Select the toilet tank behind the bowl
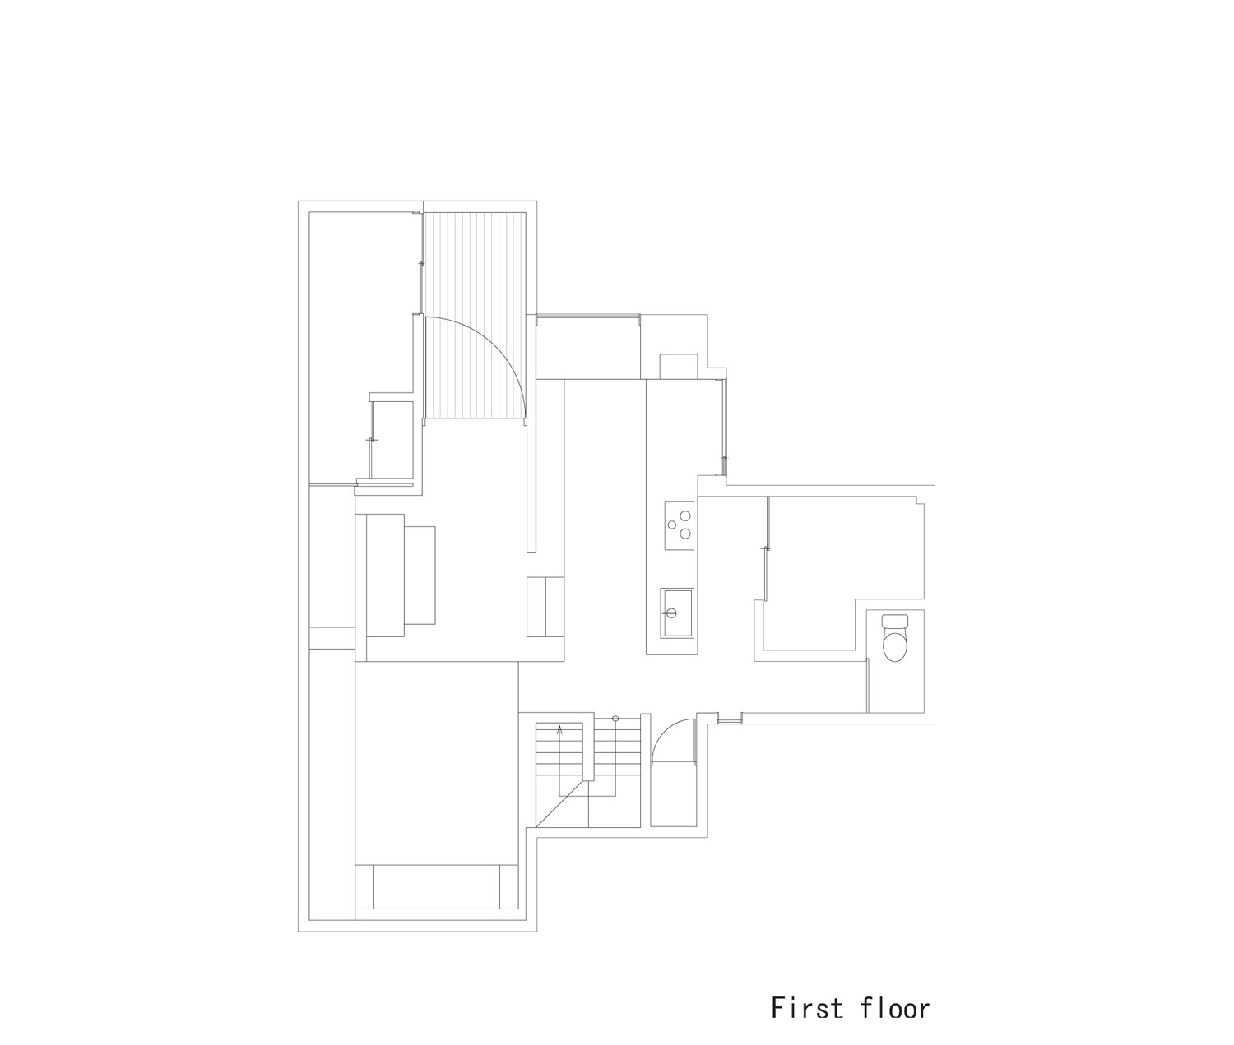click(x=893, y=622)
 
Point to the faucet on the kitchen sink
click(x=670, y=612)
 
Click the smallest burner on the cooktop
click(x=673, y=524)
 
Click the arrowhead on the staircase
click(x=559, y=728)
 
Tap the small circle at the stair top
click(x=615, y=719)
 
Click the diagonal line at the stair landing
click(x=562, y=802)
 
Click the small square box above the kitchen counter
click(x=679, y=365)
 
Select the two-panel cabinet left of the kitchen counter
click(x=545, y=607)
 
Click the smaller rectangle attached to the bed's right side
click(x=419, y=575)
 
